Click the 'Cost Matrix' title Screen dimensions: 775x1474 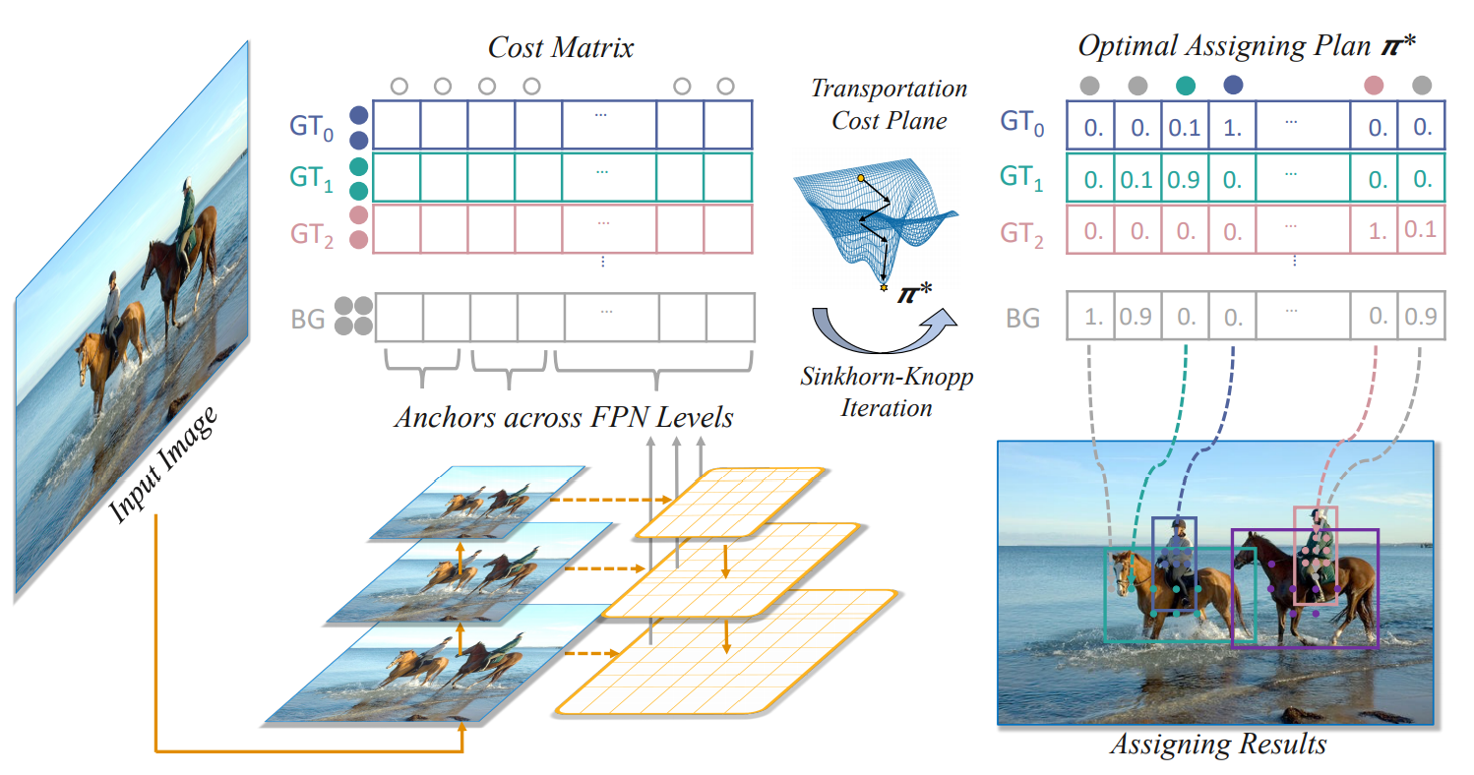[x=561, y=47]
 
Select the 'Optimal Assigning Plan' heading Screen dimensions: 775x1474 [x=1213, y=46]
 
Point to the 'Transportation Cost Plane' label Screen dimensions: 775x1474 [x=889, y=104]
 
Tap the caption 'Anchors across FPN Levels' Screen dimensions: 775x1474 [x=564, y=417]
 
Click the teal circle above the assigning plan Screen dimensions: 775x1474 [x=1186, y=86]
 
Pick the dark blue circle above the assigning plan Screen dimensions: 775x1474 [x=1232, y=86]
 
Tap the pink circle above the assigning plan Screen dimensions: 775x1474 [x=1373, y=86]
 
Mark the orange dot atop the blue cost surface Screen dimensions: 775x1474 [x=860, y=179]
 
